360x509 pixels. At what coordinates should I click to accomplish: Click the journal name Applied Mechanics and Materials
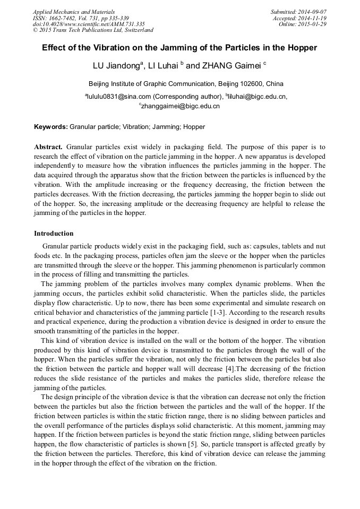pyautogui.click(x=74, y=12)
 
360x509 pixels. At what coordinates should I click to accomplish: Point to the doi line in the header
pyautogui.click(x=89, y=24)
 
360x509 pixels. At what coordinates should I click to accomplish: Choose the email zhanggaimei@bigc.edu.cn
pyautogui.click(x=181, y=106)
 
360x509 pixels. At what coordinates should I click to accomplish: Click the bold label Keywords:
pyautogui.click(x=51, y=127)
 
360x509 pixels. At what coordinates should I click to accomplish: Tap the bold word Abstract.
pyautogui.click(x=48, y=146)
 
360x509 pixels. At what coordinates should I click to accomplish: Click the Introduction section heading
pyautogui.click(x=54, y=234)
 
